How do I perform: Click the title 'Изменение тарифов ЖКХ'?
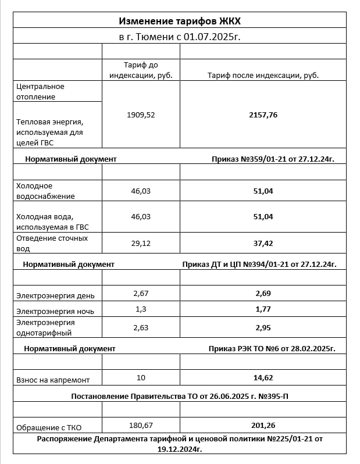[x=180, y=21]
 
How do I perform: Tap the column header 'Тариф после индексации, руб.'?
[x=263, y=75]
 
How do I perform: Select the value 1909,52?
[x=141, y=115]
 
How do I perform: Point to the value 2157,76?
[x=263, y=115]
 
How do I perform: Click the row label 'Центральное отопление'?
[x=40, y=91]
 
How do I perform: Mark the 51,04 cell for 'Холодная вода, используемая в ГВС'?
[x=263, y=216]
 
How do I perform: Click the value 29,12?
[x=141, y=243]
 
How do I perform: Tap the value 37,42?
[x=263, y=243]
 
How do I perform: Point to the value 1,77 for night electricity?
[x=263, y=309]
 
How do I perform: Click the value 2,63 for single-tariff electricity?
[x=141, y=327]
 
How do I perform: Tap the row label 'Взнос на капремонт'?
[x=53, y=380]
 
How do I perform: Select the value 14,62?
[x=263, y=377]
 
